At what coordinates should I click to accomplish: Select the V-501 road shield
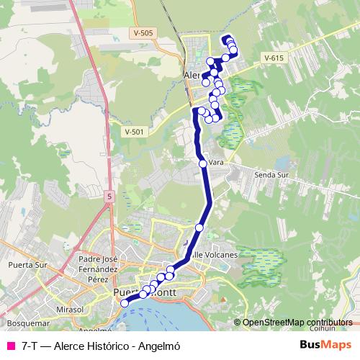click(x=134, y=131)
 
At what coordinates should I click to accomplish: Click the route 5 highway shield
click(x=109, y=195)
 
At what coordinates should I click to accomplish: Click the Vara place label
click(x=215, y=163)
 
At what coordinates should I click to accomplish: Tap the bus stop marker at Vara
click(x=203, y=163)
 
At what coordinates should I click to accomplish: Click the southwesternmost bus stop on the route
click(x=124, y=303)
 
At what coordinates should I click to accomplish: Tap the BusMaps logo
click(x=325, y=345)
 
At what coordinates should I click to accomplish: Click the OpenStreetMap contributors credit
click(x=297, y=323)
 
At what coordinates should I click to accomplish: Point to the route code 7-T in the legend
click(x=30, y=346)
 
